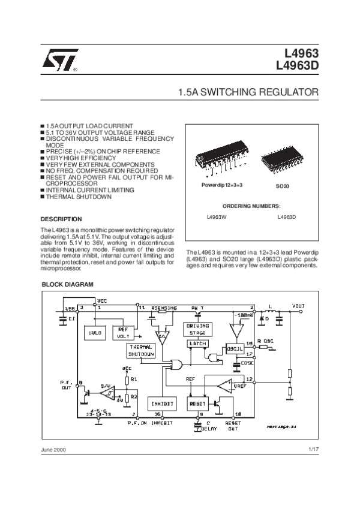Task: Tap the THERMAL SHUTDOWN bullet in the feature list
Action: click(79, 196)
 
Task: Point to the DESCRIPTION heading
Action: click(61, 219)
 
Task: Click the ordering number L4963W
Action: click(217, 217)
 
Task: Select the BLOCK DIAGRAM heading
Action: click(67, 284)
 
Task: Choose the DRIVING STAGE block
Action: click(197, 329)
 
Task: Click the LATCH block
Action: click(197, 344)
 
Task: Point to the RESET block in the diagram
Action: click(198, 404)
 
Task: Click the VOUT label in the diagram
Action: click(298, 306)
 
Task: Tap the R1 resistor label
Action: click(134, 380)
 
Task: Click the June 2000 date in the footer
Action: click(53, 450)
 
